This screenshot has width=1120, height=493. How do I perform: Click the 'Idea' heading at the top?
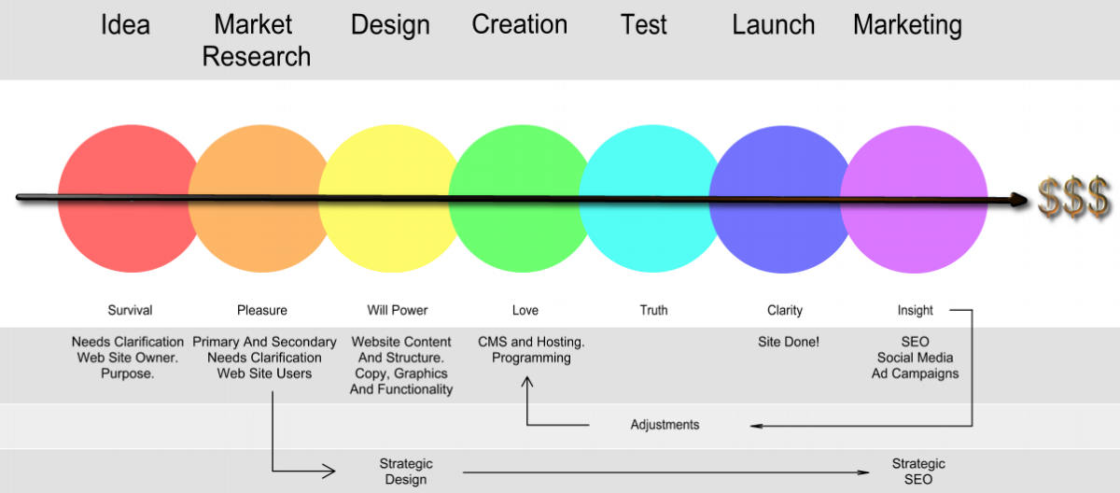[x=125, y=24]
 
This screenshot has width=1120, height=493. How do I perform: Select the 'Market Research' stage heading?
[x=256, y=40]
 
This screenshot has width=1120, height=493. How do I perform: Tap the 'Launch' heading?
[x=774, y=24]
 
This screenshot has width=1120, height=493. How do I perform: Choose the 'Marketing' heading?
[x=907, y=26]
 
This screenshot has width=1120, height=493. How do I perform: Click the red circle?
[x=131, y=199]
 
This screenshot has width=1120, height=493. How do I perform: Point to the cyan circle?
[x=652, y=199]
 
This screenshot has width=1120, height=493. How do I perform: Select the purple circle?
[x=914, y=200]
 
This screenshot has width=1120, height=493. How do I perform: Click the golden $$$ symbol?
[x=1074, y=198]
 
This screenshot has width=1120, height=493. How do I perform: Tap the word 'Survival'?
[x=130, y=310]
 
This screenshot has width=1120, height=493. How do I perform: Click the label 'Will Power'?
[x=398, y=310]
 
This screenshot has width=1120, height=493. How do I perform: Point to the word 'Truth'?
[x=653, y=310]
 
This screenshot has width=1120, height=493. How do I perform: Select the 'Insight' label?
[x=915, y=311]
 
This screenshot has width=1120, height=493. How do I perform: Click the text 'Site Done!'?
[x=789, y=342]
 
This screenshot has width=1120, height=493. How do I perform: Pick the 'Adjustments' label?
[x=665, y=425]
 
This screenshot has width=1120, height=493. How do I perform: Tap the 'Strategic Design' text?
[x=406, y=472]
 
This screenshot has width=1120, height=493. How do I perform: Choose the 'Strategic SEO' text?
[x=918, y=472]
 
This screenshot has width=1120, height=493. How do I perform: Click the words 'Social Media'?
[x=915, y=358]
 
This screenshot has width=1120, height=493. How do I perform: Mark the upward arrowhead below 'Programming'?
[x=527, y=382]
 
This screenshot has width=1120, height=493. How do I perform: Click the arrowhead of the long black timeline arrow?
[x=1019, y=200]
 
